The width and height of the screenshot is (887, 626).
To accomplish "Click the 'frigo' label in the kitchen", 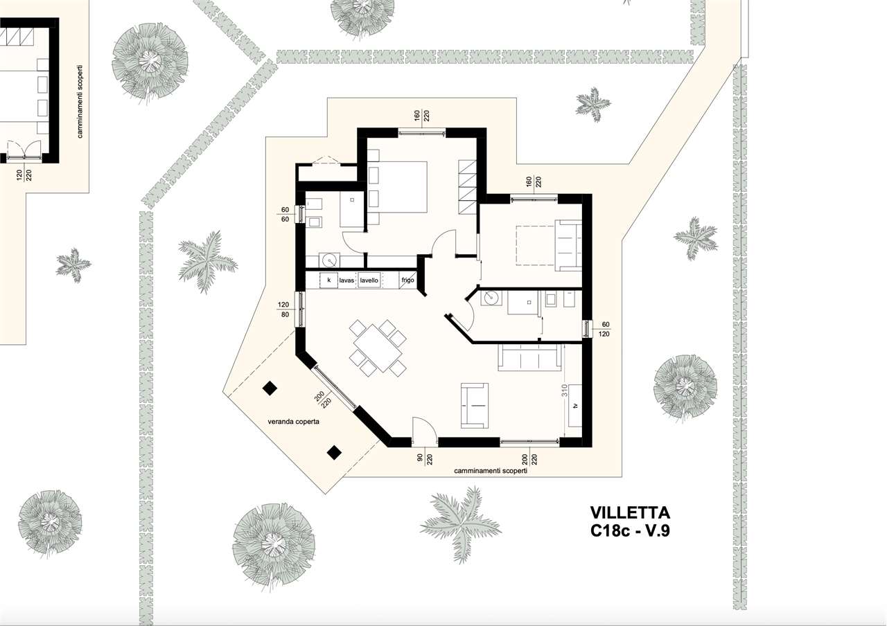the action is (407, 280).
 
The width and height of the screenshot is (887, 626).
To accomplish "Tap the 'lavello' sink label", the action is (369, 280).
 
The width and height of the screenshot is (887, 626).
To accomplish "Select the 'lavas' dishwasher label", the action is (346, 280).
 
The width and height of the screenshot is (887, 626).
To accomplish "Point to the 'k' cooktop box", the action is (328, 280).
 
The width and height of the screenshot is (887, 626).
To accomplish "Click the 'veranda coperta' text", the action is (293, 422).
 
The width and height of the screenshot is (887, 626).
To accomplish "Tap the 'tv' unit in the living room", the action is (575, 405).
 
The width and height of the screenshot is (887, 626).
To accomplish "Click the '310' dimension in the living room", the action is (565, 390).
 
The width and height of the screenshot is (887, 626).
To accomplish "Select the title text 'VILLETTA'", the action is (630, 513).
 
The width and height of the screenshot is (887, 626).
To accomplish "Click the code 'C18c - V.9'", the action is (630, 530).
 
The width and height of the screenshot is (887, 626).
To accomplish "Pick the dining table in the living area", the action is (378, 348).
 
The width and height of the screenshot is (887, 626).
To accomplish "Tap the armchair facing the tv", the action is (475, 405).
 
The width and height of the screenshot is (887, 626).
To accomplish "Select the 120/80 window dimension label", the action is (283, 310).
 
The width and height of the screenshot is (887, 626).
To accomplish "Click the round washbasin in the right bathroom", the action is (491, 297).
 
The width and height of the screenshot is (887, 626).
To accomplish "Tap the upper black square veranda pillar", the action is (270, 388).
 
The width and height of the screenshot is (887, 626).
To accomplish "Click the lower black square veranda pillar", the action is (334, 453).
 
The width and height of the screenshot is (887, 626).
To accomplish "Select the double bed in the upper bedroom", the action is (398, 187).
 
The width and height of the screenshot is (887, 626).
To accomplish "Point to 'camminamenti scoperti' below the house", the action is (491, 471).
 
